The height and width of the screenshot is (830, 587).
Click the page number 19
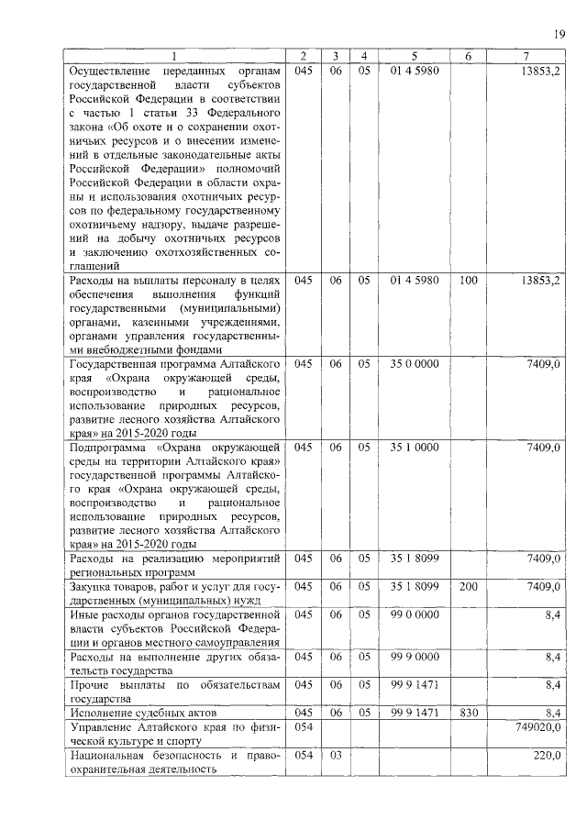click(559, 35)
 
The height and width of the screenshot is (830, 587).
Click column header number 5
click(414, 57)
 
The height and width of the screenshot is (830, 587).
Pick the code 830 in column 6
click(468, 712)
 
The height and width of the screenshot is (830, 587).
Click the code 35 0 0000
click(415, 363)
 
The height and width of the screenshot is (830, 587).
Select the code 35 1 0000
click(415, 447)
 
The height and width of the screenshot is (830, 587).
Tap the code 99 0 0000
click(415, 614)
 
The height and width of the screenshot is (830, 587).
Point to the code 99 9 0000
click(415, 656)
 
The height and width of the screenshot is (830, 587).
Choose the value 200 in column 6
click(468, 586)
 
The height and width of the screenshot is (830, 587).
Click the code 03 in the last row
click(337, 755)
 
